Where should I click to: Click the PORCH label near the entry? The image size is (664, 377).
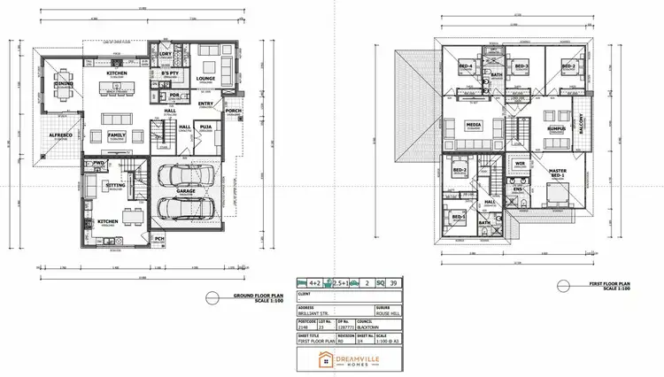234,111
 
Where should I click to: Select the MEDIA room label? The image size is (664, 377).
474,125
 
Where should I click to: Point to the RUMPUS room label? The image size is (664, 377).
556,127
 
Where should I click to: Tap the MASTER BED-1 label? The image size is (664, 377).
558,172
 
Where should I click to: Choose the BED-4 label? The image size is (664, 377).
466,67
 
